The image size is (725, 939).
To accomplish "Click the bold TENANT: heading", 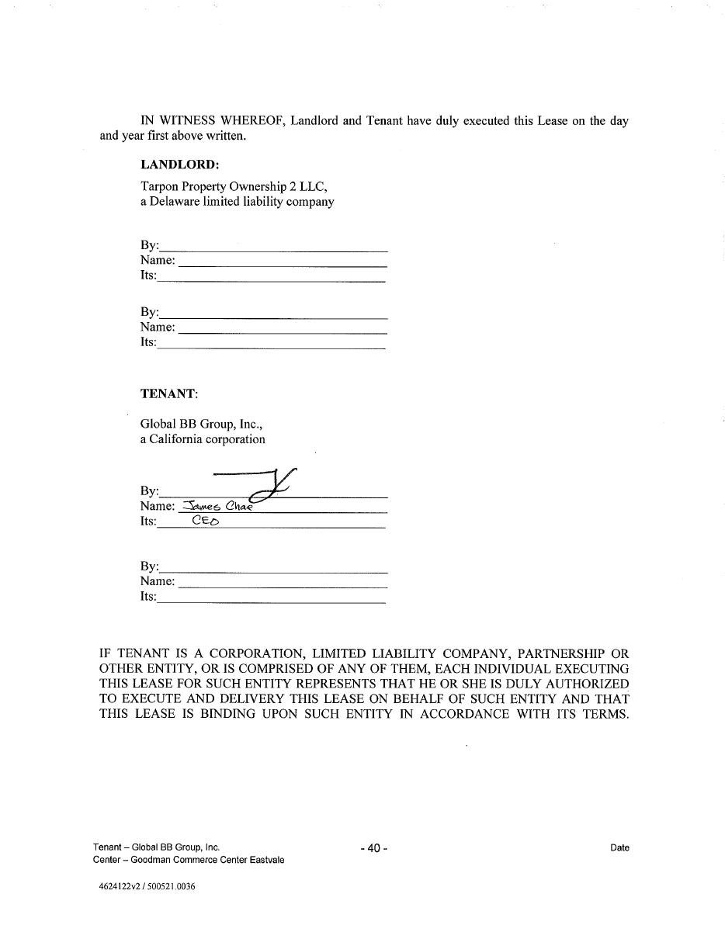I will click(169, 393).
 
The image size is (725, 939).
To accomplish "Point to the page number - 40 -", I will click(373, 848).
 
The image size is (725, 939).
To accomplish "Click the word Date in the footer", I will click(619, 848).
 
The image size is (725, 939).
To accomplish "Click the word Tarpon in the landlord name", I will click(159, 186).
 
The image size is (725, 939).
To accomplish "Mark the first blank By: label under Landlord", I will click(149, 245).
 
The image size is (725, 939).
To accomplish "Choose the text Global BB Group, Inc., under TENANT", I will click(202, 424).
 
